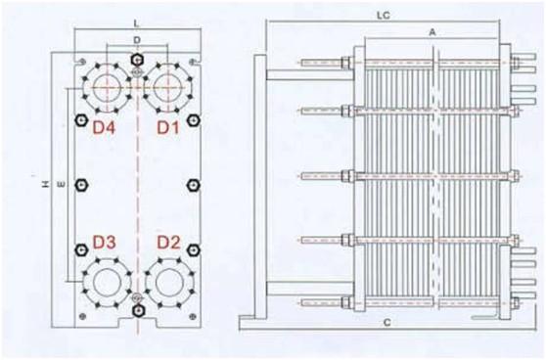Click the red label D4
104,128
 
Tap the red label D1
168,128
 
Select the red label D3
104,243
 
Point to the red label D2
168,243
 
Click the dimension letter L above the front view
137,23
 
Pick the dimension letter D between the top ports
137,40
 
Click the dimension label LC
384,16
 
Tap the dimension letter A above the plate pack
432,32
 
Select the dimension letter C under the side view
387,323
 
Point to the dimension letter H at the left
45,184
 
